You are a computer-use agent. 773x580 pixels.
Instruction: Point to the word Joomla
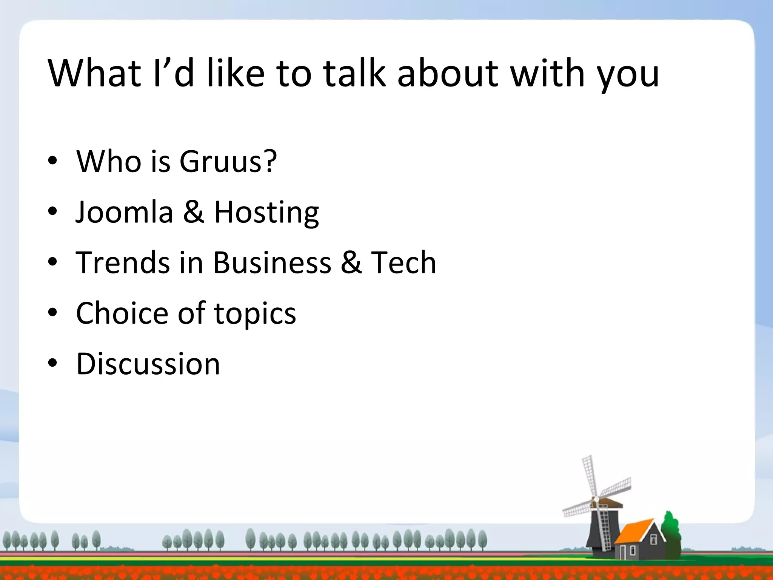pyautogui.click(x=124, y=212)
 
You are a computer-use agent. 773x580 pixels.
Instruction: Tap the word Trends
pyautogui.click(x=123, y=262)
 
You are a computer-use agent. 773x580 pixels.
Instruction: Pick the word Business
pyautogui.click(x=272, y=262)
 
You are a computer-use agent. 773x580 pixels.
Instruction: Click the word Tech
pyautogui.click(x=403, y=262)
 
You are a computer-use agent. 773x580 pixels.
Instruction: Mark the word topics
pyautogui.click(x=255, y=315)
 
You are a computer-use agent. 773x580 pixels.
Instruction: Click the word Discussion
pyautogui.click(x=148, y=364)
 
